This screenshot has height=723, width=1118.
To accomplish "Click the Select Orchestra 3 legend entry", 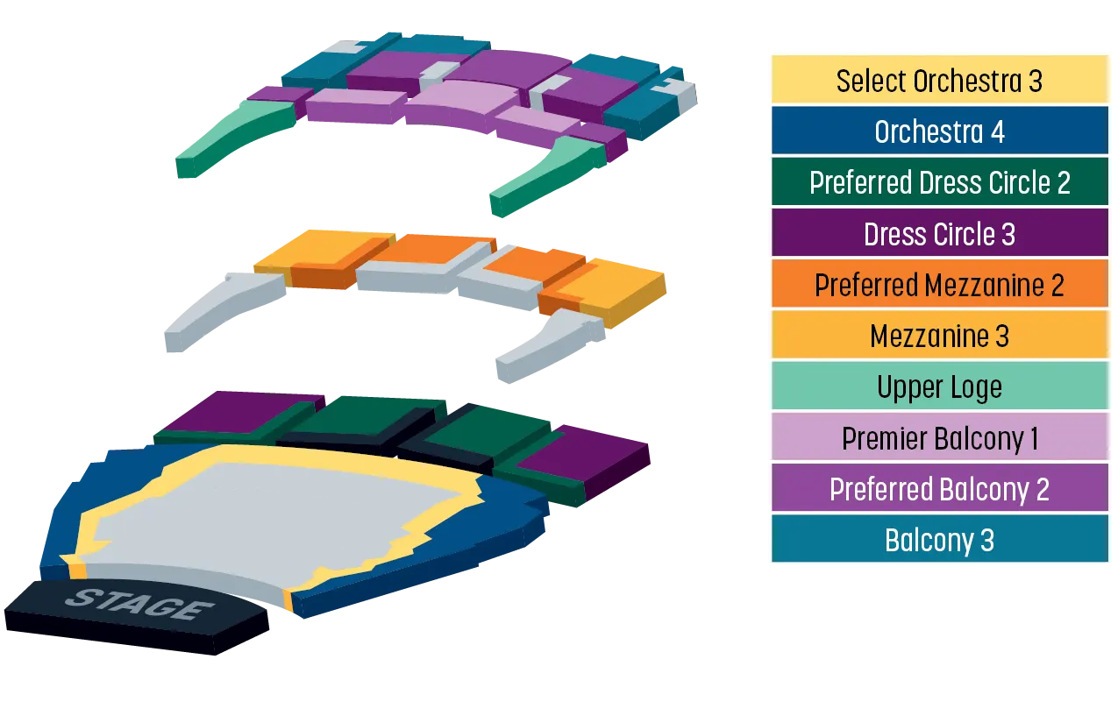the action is [939, 80].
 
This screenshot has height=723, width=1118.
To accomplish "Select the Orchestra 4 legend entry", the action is [939, 131].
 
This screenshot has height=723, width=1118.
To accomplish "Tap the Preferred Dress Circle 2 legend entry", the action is [939, 182].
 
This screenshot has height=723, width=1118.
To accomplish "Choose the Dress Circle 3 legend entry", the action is [939, 233].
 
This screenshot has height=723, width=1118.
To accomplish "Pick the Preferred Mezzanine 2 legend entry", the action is [939, 285].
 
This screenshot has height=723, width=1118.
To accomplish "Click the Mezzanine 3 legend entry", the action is [939, 336].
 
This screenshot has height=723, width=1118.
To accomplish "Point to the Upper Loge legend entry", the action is [939, 386].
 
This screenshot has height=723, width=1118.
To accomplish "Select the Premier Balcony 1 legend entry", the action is [939, 437].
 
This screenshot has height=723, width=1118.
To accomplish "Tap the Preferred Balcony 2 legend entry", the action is [939, 488].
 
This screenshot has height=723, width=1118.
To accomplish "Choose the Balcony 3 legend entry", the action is [939, 540].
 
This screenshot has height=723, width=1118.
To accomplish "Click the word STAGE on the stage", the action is [139, 604].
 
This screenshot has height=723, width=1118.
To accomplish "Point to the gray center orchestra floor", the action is [280, 519].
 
